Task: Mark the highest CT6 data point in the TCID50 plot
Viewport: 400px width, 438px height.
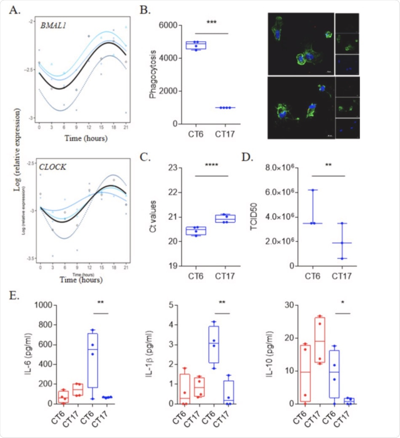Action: (313, 190)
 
